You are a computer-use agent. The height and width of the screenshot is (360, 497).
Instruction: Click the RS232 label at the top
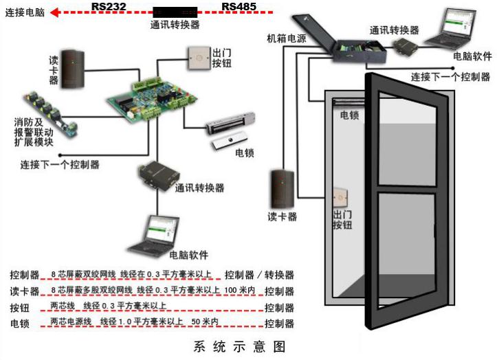coord(109,6)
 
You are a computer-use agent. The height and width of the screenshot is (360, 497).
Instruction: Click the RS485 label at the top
coord(239,6)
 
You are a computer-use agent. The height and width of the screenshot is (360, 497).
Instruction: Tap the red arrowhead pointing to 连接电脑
coord(55,12)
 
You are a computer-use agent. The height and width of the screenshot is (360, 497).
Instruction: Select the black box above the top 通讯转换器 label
coord(175,12)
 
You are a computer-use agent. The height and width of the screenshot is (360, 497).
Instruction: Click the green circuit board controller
coord(151,100)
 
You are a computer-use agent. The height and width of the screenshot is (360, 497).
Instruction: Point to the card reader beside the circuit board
coord(73,69)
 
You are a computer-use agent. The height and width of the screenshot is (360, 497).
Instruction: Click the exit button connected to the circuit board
coord(199,58)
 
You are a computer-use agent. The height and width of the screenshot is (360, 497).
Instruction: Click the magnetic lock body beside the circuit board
coord(230,124)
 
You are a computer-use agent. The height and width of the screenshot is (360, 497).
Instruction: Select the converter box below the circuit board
coord(159,176)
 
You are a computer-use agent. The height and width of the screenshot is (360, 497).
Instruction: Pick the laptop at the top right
coord(450,29)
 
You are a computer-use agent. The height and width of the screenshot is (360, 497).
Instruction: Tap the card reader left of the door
coord(282,189)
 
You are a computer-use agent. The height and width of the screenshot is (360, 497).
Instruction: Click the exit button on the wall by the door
coord(340,198)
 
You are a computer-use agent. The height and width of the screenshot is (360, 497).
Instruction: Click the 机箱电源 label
coord(287,38)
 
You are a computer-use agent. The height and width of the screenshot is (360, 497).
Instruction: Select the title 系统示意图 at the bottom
coord(240,346)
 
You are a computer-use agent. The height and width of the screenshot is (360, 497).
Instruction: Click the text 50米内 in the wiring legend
coord(205,322)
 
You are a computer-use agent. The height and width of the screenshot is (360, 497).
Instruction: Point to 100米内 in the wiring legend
coord(239,290)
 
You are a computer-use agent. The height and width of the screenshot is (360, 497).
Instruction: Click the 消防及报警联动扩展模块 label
coord(34,132)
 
